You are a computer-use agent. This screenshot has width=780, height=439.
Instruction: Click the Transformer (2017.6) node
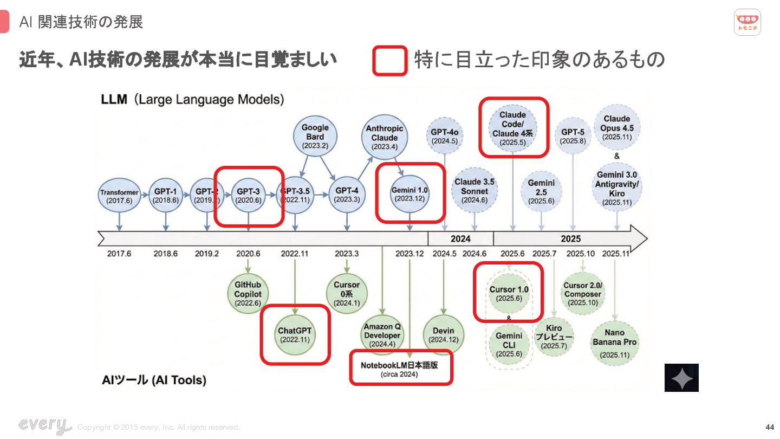pos(119,196)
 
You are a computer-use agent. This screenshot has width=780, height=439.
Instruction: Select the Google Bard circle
pos(315,137)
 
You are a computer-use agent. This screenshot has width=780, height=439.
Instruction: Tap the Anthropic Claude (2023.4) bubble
pos(385,137)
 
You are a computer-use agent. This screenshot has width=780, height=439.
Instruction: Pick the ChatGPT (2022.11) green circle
pos(295,335)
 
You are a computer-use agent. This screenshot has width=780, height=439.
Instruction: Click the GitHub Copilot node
pos(248,294)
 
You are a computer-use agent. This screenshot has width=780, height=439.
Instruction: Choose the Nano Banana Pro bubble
pos(615,343)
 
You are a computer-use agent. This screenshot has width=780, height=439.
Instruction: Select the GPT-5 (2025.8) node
pos(573,136)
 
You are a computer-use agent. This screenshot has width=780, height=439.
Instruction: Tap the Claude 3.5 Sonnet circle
pos(474,190)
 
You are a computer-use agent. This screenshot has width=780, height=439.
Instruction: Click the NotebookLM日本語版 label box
pos(401,369)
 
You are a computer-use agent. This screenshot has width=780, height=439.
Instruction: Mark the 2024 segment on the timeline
pos(460,238)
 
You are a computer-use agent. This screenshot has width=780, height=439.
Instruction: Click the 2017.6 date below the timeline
pos(119,254)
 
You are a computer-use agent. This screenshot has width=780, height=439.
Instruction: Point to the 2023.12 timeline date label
pos(409,254)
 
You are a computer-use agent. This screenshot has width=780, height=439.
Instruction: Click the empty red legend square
pos(389,61)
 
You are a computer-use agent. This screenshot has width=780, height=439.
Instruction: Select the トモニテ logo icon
pos(747,22)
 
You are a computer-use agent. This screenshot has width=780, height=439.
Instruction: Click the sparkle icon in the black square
pos(681,378)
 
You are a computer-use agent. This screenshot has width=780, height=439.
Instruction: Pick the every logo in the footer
pos(44,425)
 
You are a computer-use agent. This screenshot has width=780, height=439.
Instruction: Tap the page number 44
pos(770,427)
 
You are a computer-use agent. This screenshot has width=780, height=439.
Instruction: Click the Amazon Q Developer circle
pos(382,335)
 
